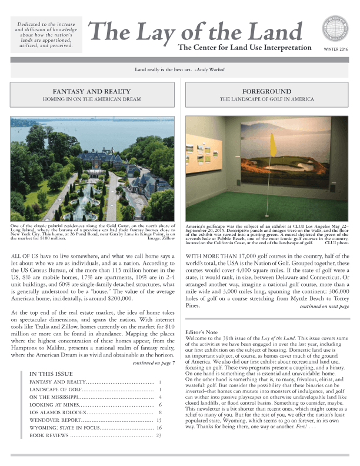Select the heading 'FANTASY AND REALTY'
click(x=95, y=92)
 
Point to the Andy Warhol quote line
click(x=180, y=69)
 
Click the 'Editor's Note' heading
click(x=203, y=332)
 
